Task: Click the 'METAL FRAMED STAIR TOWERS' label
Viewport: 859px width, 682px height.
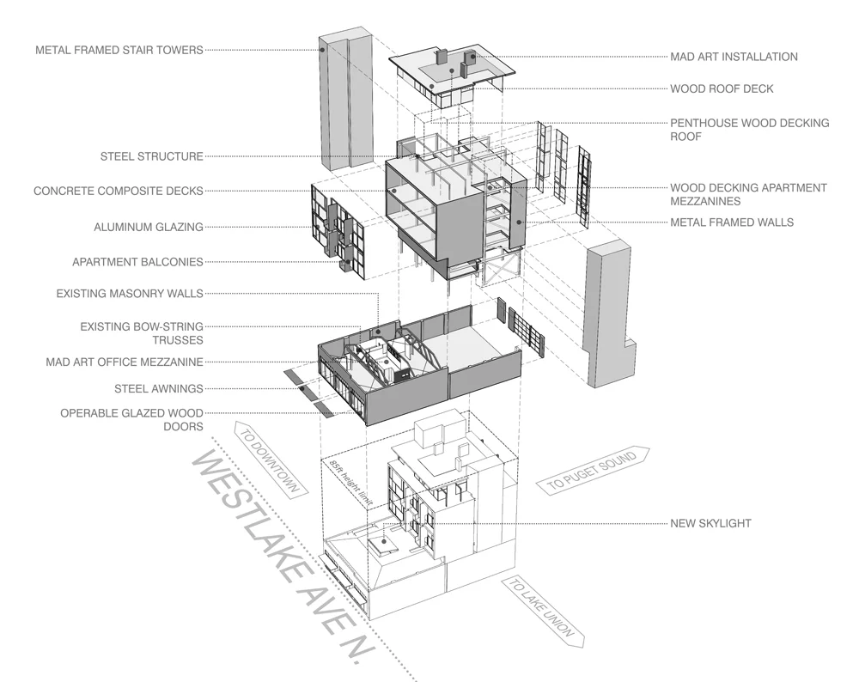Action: point(119,50)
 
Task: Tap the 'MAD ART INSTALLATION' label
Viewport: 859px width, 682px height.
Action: point(734,57)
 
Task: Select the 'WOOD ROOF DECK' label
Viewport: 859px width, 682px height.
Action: point(722,88)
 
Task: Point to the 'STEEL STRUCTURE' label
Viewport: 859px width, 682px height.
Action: point(152,156)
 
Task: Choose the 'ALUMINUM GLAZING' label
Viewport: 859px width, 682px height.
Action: point(149,228)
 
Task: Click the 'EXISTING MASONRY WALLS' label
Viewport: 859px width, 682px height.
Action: point(130,294)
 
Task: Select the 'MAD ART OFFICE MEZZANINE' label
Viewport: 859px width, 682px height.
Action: point(125,362)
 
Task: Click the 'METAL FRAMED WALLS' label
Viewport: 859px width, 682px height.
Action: point(732,222)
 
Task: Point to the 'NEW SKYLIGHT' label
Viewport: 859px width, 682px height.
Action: point(710,523)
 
